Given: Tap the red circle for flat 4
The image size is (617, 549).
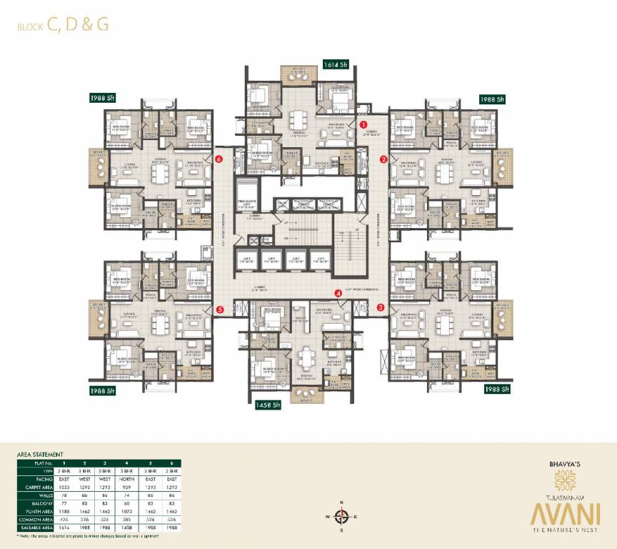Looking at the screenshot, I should (x=338, y=292).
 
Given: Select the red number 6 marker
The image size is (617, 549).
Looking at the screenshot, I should (x=219, y=159).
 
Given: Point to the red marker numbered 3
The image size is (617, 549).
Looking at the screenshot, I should (x=381, y=307).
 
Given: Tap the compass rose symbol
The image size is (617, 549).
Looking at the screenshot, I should (x=341, y=515).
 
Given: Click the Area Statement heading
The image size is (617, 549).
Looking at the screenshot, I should (x=41, y=454).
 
